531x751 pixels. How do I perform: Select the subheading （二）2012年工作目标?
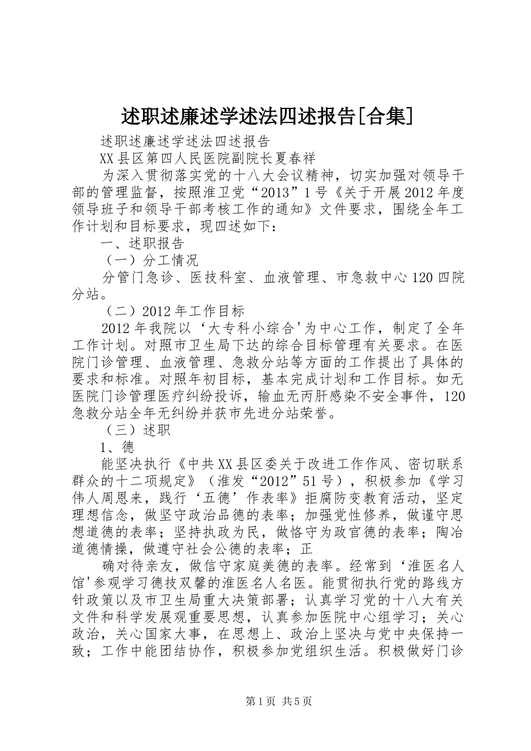pyautogui.click(x=174, y=311)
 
